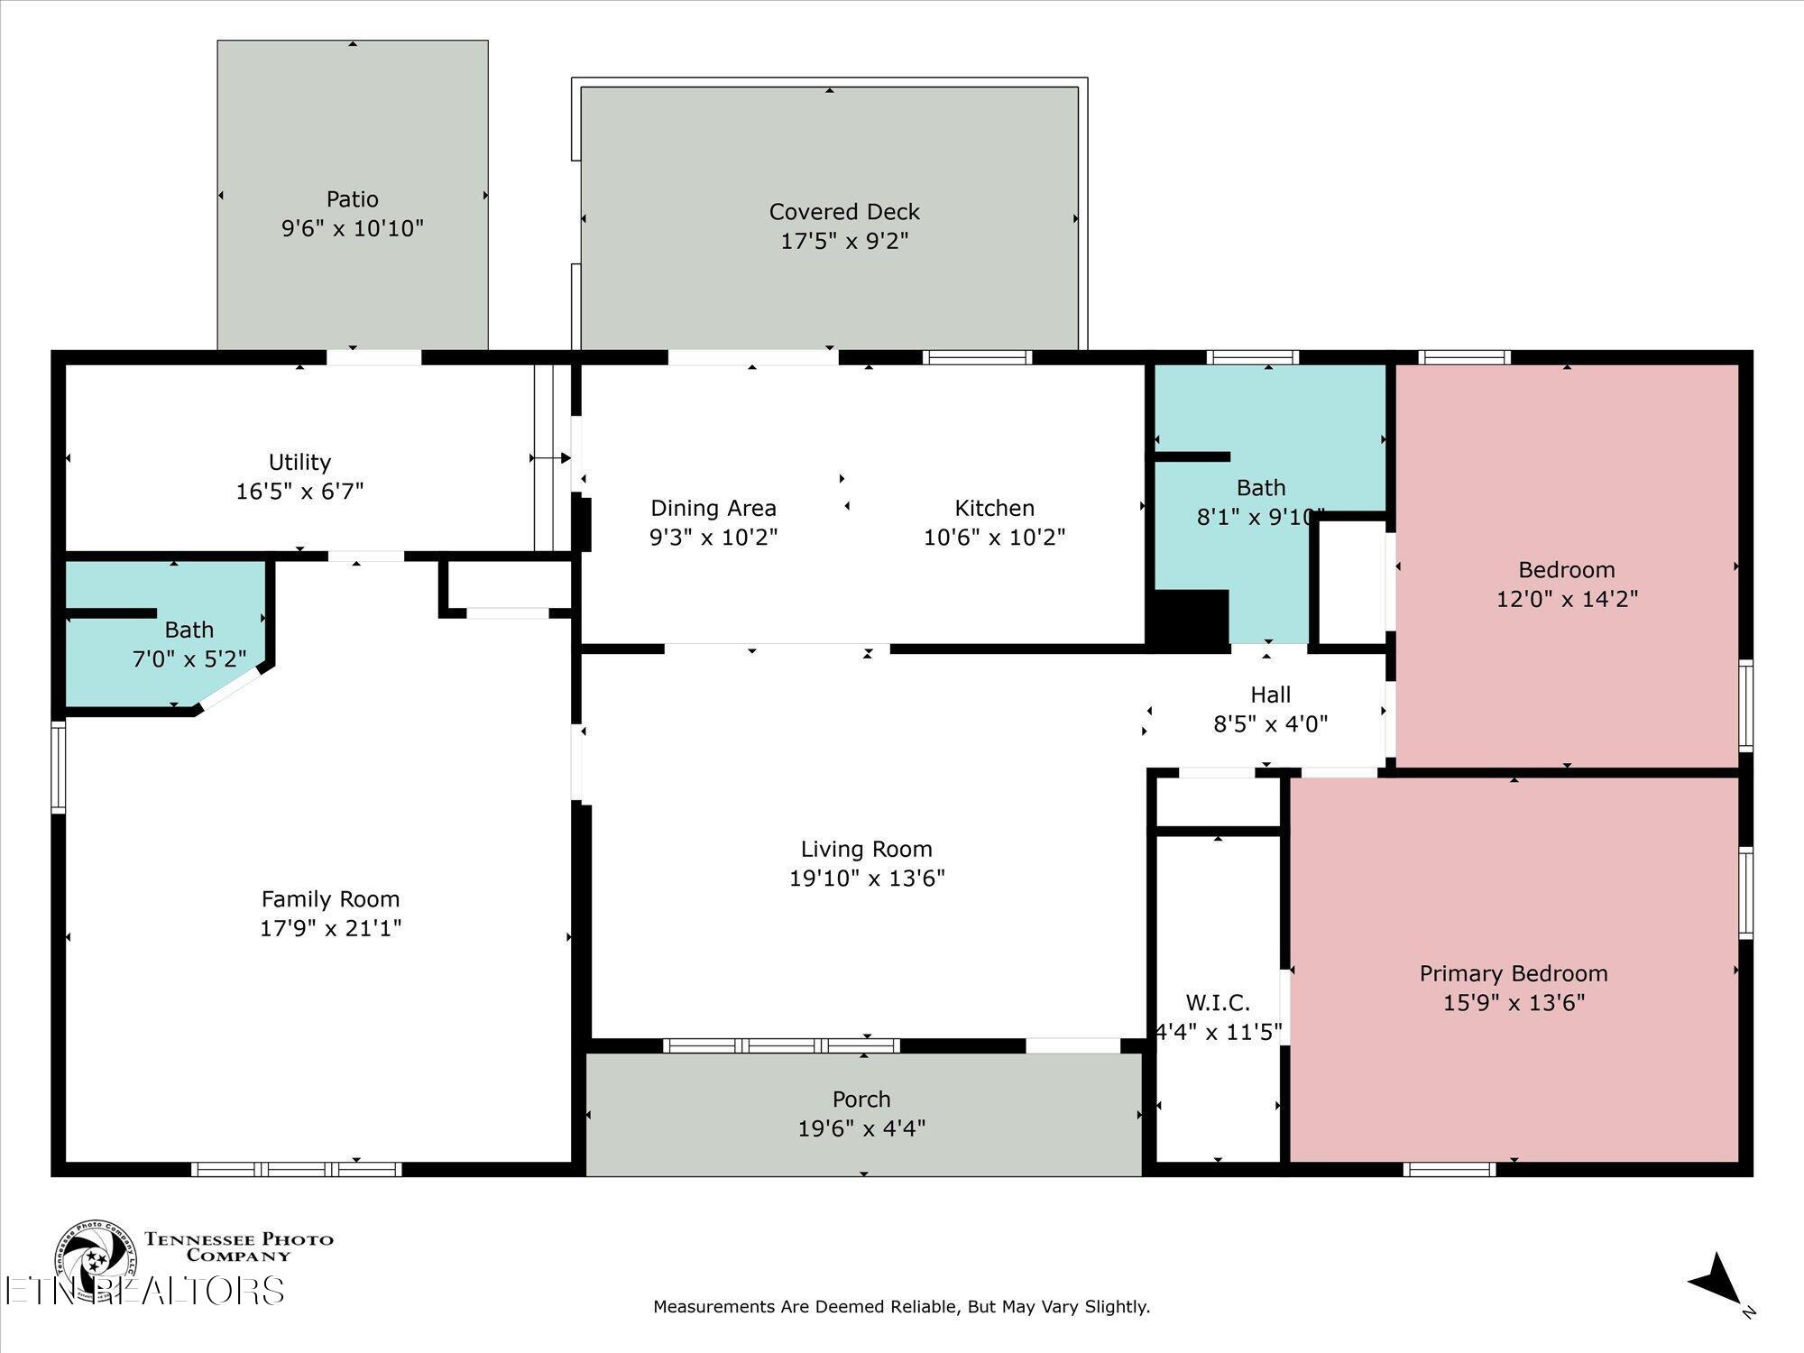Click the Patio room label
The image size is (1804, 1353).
pos(353,198)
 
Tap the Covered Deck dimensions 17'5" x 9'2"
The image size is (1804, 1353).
pos(844,241)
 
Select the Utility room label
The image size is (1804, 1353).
pos(299,463)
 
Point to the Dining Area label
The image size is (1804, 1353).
pos(713,509)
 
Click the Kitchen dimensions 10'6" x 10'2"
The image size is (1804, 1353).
pos(994,538)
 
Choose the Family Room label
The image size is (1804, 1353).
pos(330,899)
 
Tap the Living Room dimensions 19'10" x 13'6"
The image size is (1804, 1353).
pos(867,879)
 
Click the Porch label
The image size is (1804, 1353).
pos(861,1100)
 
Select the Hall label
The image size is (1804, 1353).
pos(1270,695)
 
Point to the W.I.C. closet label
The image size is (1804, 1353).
pos(1218,1002)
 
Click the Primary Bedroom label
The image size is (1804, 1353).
pos(1514,974)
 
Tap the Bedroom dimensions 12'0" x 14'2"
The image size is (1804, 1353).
pos(1567,599)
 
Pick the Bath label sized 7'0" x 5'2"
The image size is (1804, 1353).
pos(189,630)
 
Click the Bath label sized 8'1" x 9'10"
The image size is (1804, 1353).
pos(1261,488)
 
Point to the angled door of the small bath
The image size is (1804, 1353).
pos(230,690)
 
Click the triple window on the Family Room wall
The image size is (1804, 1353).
pos(297,1170)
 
